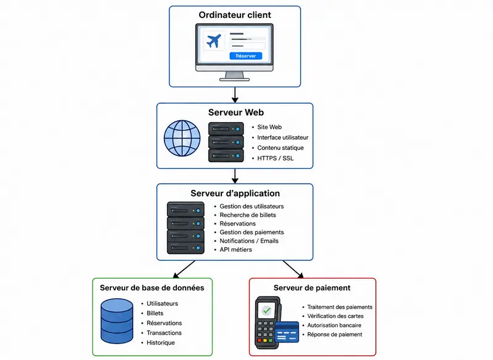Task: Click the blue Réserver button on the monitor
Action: click(x=245, y=56)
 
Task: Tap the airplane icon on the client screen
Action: click(x=214, y=41)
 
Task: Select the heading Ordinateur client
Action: click(x=235, y=15)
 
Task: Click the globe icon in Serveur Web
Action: click(x=182, y=138)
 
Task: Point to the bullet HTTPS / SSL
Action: click(x=275, y=158)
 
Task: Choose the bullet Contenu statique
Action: click(x=280, y=148)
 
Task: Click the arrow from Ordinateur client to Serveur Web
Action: click(x=235, y=95)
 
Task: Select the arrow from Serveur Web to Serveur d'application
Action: click(x=235, y=176)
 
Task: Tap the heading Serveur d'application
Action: click(x=235, y=193)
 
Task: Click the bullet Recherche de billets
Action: click(x=248, y=215)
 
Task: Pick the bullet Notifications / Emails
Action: click(x=249, y=241)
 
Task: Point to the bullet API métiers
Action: click(x=236, y=250)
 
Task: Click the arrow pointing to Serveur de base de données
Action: click(x=184, y=269)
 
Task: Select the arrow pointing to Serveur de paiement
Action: click(x=293, y=269)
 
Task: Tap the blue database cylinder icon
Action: click(x=117, y=321)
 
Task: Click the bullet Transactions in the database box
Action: click(x=164, y=333)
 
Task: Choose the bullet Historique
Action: click(x=161, y=342)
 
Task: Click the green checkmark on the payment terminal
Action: click(x=267, y=311)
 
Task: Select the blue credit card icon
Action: click(x=287, y=332)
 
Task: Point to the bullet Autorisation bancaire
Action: click(x=334, y=325)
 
